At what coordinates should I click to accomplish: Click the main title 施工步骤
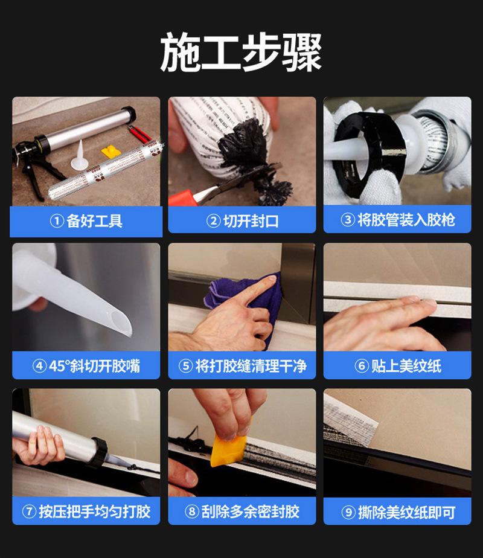click(x=241, y=52)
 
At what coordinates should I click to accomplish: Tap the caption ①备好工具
click(x=86, y=221)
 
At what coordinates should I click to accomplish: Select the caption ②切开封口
click(x=242, y=221)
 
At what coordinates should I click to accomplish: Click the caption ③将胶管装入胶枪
click(x=398, y=220)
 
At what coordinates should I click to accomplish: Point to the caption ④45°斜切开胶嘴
click(x=86, y=365)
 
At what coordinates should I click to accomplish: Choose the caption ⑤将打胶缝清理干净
click(x=242, y=365)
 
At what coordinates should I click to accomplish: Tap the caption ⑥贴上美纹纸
click(x=398, y=365)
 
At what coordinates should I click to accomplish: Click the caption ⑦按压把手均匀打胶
click(x=86, y=512)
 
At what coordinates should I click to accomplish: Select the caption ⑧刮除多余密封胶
click(x=242, y=512)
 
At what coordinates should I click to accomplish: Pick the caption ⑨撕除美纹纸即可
click(x=398, y=512)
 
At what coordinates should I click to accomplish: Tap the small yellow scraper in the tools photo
click(x=110, y=152)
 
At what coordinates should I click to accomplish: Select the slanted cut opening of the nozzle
click(x=120, y=323)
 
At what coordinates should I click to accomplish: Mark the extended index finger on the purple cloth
click(x=257, y=289)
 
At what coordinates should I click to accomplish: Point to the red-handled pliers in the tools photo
click(x=139, y=134)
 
